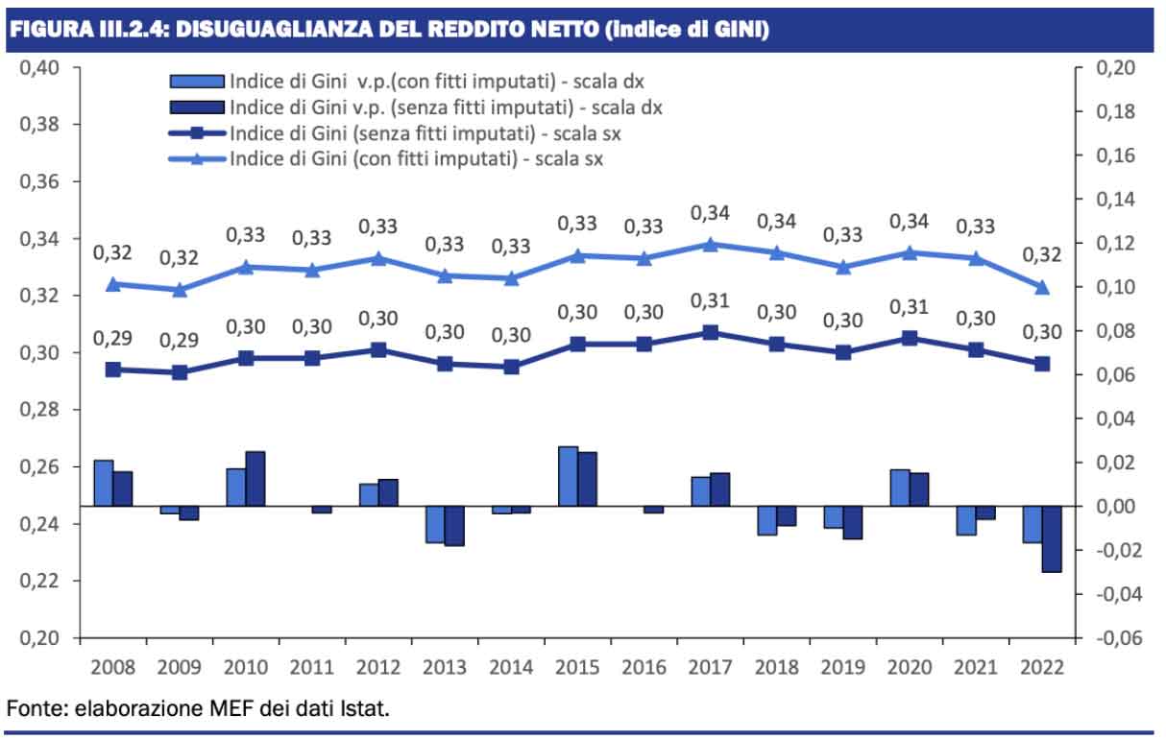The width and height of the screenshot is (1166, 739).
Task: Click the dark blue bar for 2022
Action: point(1052,538)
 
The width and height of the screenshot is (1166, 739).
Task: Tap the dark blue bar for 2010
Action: point(255,479)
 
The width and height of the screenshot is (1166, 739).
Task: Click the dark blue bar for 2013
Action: point(454,525)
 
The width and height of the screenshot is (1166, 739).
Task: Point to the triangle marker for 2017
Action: point(710,244)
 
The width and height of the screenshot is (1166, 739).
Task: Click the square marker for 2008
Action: point(113,369)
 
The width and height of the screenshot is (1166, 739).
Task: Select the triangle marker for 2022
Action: point(1043,287)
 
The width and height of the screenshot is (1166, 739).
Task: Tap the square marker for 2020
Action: point(910,338)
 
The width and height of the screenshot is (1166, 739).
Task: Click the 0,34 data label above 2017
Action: point(710,213)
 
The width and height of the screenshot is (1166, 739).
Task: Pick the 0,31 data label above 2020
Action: point(910,307)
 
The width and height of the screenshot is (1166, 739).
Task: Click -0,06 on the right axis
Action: point(1114,638)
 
